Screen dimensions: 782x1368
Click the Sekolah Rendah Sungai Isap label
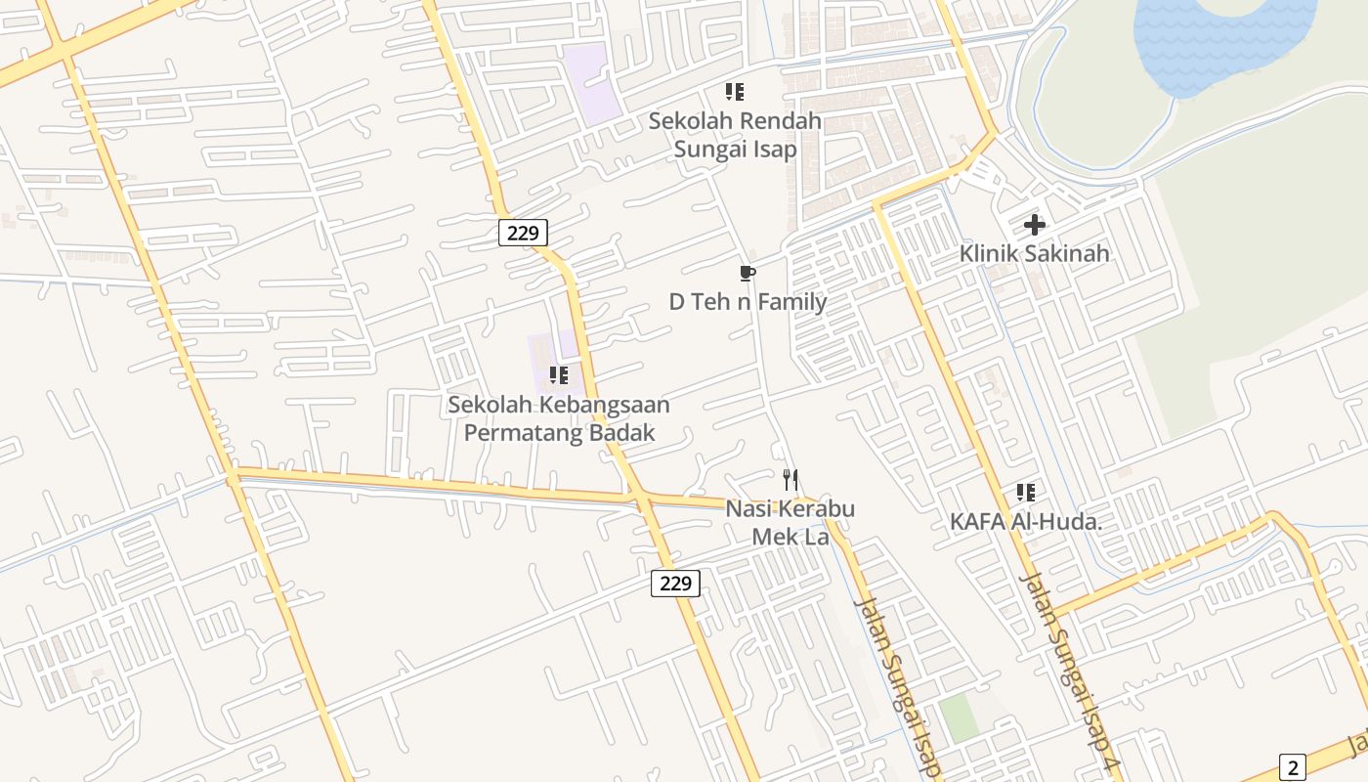(x=735, y=135)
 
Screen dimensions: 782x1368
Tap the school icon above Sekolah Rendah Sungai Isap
(x=735, y=92)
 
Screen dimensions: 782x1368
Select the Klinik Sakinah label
(x=1034, y=253)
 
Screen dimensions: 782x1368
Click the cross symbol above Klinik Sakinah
(x=1034, y=225)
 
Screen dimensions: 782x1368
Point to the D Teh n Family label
(x=748, y=302)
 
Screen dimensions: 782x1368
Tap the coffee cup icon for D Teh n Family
(x=748, y=273)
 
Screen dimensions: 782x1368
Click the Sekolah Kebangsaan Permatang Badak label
(x=559, y=418)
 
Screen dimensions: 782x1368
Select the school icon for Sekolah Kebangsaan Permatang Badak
(x=559, y=374)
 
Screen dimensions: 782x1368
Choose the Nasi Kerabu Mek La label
(x=790, y=523)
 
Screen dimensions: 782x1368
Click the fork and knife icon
(x=791, y=480)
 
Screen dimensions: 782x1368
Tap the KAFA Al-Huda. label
(x=1026, y=522)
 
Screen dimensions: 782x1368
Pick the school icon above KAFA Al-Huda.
(x=1025, y=492)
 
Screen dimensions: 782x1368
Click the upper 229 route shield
(x=523, y=233)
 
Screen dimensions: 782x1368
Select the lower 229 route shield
(x=675, y=584)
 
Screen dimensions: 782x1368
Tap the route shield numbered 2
(x=1292, y=767)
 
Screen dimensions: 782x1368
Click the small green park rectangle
(x=959, y=717)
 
